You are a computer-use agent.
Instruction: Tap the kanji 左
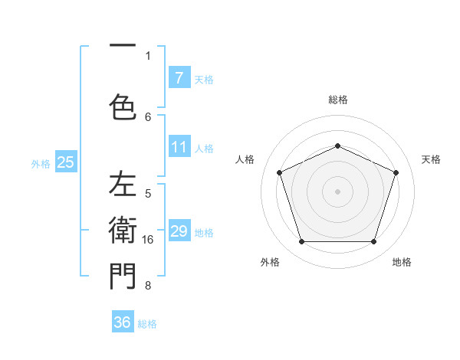pos(123,185)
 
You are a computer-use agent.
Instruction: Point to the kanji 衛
pos(123,229)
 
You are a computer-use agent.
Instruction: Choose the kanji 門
pos(123,277)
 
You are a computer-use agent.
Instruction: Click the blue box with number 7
pos(179,77)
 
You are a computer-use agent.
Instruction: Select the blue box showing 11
pos(179,147)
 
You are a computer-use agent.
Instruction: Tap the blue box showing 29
pos(179,231)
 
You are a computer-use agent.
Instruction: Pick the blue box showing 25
pos(65,162)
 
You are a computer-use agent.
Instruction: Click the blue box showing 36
pos(123,322)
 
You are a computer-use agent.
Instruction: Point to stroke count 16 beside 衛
pos(149,240)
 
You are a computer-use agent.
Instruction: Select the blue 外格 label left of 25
pos(41,162)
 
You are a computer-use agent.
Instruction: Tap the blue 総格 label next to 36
pos(147,323)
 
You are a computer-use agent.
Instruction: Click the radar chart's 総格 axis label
pos(338,100)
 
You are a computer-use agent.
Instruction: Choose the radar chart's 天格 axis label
pos(431,159)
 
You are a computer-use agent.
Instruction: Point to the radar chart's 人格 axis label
pos(245,159)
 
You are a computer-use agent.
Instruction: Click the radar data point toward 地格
pos(373,242)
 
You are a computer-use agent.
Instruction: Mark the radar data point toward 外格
pos(301,242)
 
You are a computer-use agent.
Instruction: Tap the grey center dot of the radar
pos(337,191)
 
